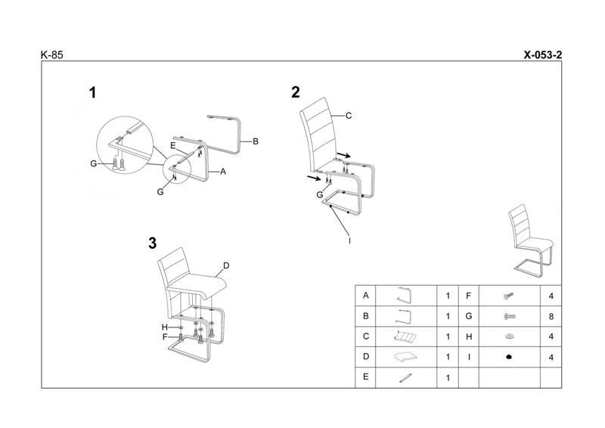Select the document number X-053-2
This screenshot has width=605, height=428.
541,54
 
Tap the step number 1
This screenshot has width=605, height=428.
92,93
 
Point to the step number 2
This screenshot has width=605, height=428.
296,92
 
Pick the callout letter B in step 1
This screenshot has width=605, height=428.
256,141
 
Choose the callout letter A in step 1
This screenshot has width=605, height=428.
223,172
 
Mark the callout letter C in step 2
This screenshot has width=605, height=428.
349,116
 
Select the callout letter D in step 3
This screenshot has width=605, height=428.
225,266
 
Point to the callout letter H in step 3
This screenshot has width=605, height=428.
163,327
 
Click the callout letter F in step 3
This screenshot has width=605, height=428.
163,337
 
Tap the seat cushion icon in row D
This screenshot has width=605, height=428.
405,356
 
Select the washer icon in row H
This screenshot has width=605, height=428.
508,336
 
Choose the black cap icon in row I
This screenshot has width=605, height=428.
508,356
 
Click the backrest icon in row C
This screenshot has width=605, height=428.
405,336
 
